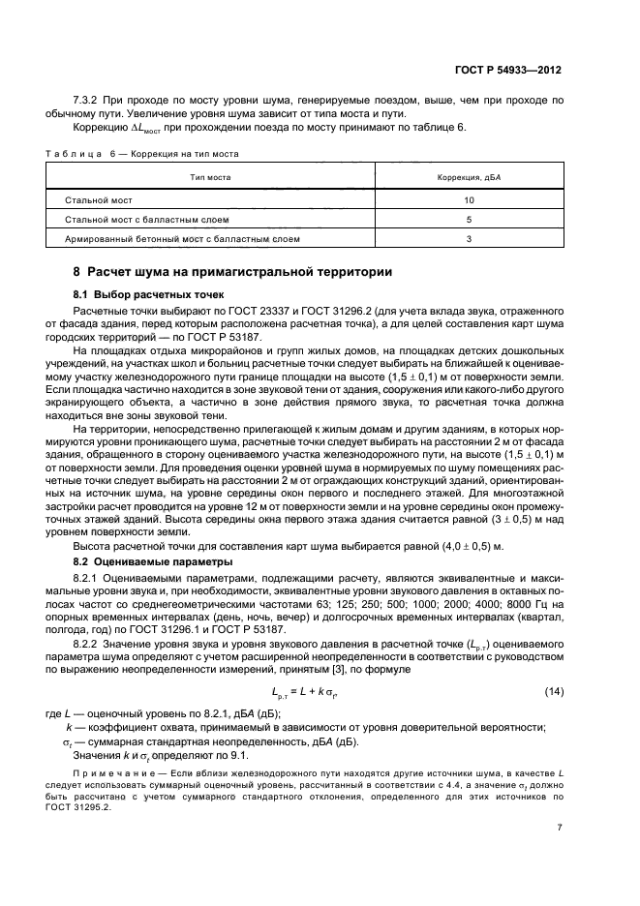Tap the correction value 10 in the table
(469, 199)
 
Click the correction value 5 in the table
(469, 219)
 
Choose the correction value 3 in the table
(469, 238)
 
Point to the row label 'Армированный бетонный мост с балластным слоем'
(182, 238)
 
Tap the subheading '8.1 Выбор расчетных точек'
(148, 292)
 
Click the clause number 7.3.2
(88, 100)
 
